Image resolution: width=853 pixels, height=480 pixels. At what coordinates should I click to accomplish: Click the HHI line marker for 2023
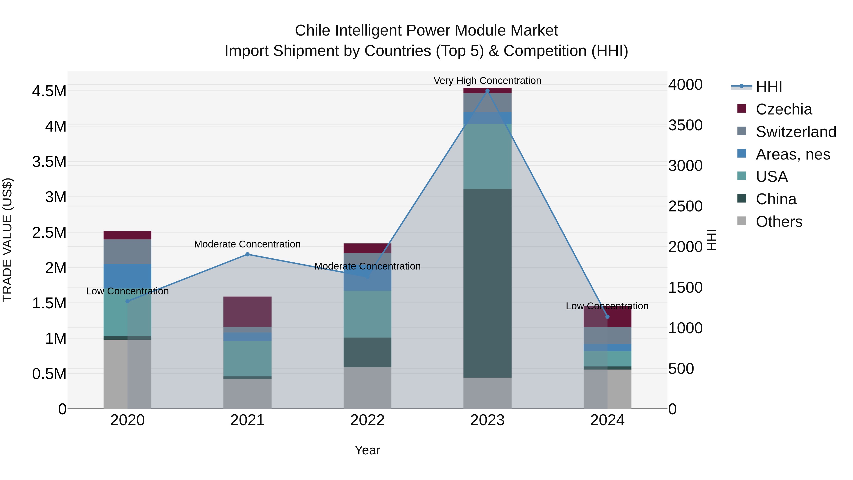(487, 91)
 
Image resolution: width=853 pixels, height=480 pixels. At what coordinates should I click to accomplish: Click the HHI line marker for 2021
(247, 254)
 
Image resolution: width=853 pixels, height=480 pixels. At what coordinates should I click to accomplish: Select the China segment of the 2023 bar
(487, 283)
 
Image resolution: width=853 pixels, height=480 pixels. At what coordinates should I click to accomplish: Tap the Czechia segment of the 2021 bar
(247, 312)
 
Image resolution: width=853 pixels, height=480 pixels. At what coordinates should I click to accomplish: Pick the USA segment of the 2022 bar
(367, 314)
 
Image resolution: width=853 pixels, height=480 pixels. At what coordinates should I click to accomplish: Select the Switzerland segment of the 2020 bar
(127, 252)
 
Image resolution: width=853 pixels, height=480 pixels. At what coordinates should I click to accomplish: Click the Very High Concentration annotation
(487, 81)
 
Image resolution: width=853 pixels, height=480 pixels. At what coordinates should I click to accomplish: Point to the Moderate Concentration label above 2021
(247, 244)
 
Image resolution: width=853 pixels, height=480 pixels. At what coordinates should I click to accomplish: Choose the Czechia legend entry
(784, 109)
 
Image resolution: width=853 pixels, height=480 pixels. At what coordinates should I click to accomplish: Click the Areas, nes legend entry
(793, 154)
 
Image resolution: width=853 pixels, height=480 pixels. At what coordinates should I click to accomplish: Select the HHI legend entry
(769, 87)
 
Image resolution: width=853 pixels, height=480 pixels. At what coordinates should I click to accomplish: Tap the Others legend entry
(779, 222)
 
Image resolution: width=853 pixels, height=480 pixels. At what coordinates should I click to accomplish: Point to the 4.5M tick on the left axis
(49, 91)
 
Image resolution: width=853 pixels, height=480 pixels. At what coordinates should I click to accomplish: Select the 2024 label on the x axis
(607, 420)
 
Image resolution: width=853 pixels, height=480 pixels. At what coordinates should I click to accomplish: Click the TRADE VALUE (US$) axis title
(7, 240)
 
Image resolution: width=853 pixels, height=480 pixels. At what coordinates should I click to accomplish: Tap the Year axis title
(367, 450)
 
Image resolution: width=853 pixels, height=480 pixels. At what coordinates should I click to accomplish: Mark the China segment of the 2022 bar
(367, 352)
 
